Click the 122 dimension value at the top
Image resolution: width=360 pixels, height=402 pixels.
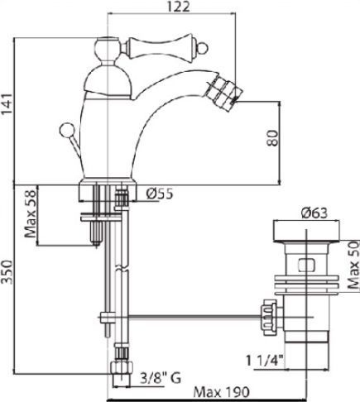(x=175, y=7)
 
